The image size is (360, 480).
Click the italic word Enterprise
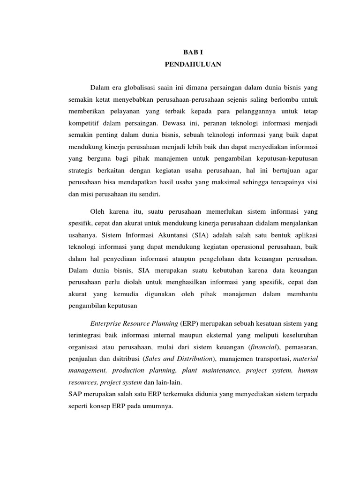click(106, 323)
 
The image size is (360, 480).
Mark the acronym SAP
click(76, 394)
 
